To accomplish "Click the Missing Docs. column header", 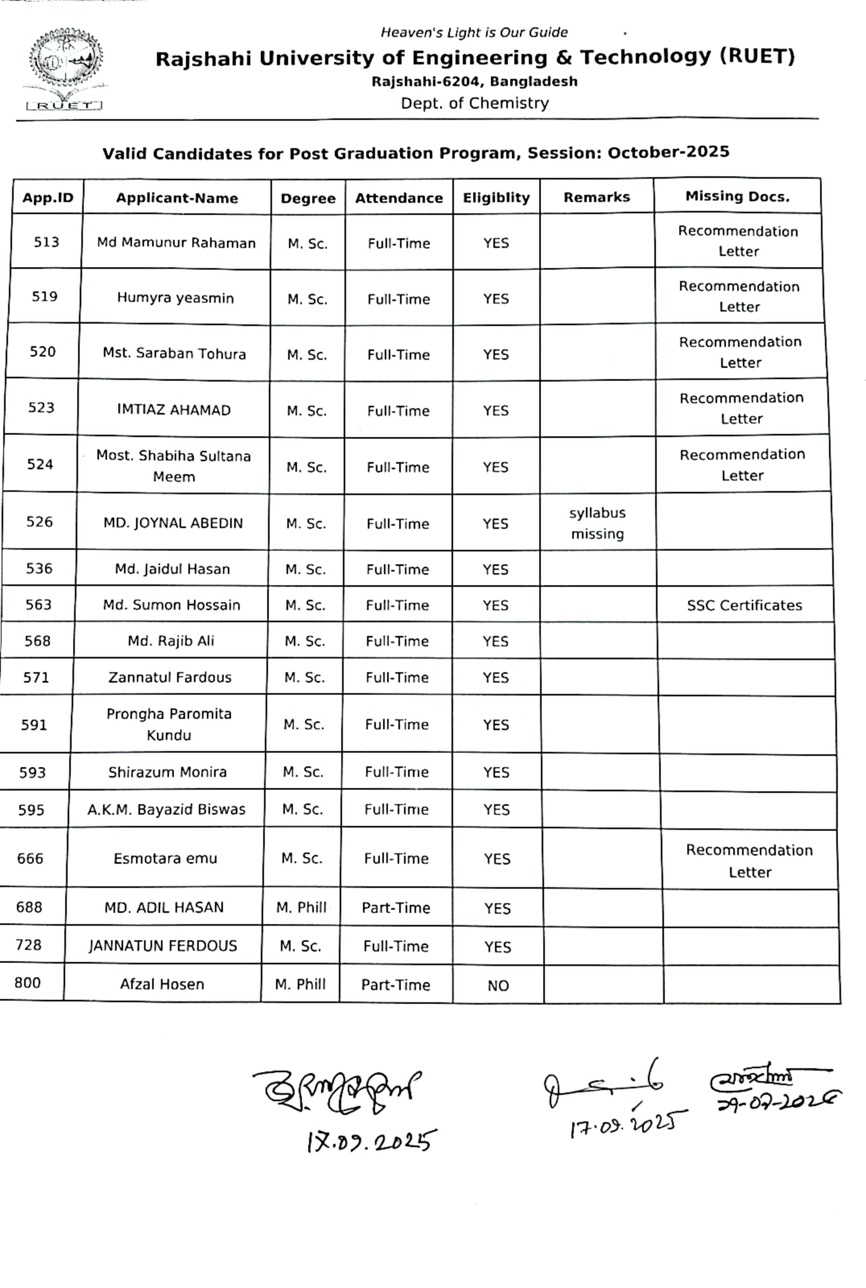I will tap(737, 197).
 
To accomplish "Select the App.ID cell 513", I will tap(46, 242).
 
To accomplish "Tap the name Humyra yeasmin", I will tap(175, 298).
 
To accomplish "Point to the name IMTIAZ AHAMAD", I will tap(173, 410).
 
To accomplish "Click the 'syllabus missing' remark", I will tap(597, 523).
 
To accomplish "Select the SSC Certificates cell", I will tap(744, 605).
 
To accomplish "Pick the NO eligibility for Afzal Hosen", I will tap(498, 986).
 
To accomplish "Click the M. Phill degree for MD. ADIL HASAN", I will tap(301, 908).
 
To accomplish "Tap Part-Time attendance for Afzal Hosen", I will tap(396, 985).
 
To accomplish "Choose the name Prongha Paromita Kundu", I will tap(169, 724).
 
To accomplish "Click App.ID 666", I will tap(30, 858).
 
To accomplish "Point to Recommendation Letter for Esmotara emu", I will tap(749, 861).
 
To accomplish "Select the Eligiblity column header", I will tap(496, 198).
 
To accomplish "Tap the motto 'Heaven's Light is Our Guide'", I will tap(474, 33).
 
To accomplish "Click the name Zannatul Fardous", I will tap(169, 677).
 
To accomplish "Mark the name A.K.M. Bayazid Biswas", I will tap(166, 809).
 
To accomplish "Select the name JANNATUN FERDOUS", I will tap(163, 945).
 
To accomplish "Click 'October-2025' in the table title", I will tap(668, 152).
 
